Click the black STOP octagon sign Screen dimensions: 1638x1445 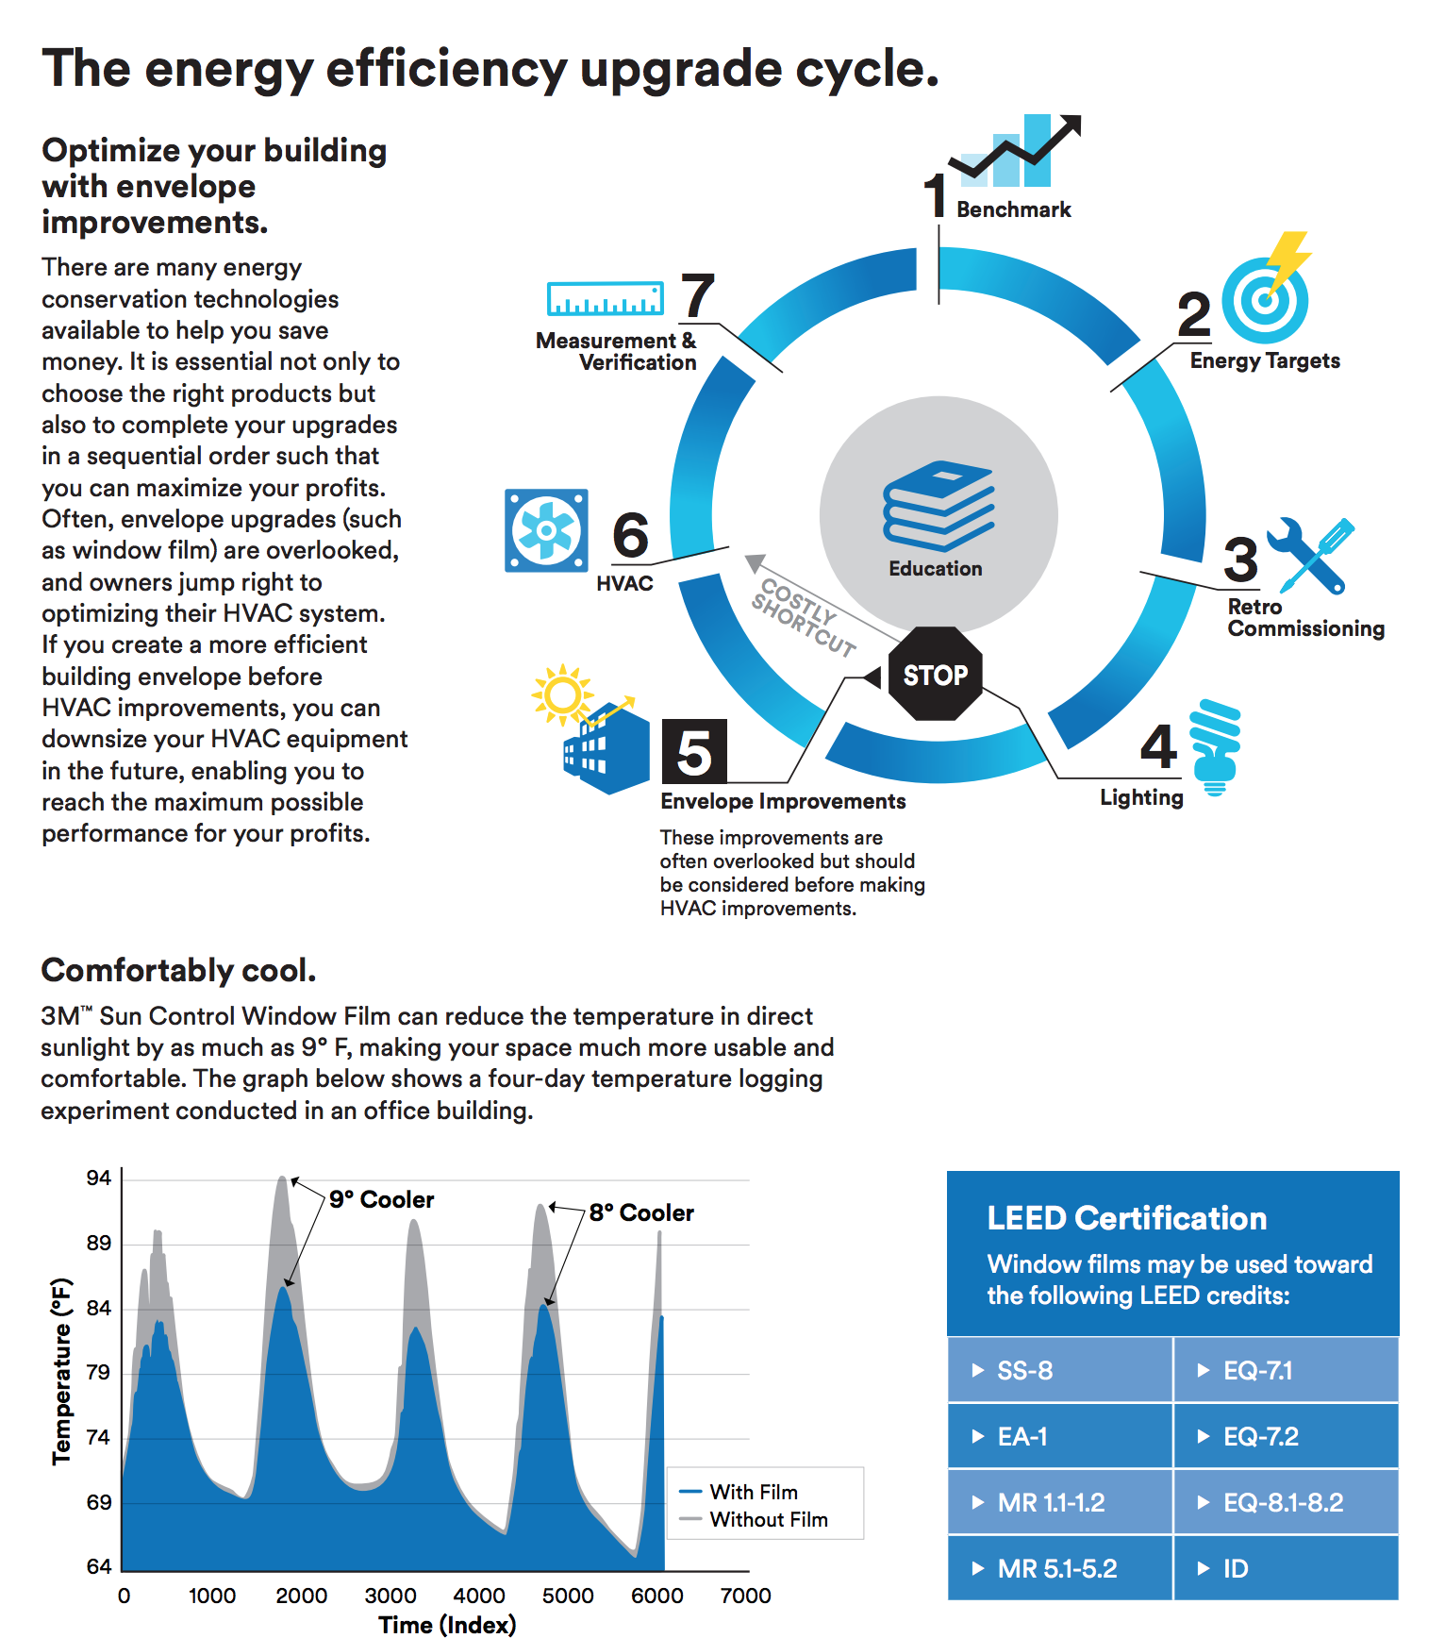pyautogui.click(x=935, y=674)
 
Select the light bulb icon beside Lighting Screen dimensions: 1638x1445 pyautogui.click(x=1216, y=746)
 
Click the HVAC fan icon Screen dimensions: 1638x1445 pyautogui.click(x=546, y=530)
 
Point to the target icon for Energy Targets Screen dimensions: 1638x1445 pyautogui.click(x=1265, y=299)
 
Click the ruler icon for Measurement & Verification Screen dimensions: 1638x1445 pyautogui.click(x=605, y=298)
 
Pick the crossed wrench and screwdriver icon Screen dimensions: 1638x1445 pyautogui.click(x=1311, y=555)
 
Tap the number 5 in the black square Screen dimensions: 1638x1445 pyautogui.click(x=694, y=751)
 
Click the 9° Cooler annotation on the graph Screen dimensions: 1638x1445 pyautogui.click(x=381, y=1199)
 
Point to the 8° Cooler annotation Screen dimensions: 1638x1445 pyautogui.click(x=641, y=1212)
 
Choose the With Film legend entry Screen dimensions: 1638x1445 pyautogui.click(x=753, y=1492)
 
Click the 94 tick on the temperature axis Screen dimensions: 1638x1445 pyautogui.click(x=99, y=1178)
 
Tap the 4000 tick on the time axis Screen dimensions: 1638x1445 pyautogui.click(x=479, y=1596)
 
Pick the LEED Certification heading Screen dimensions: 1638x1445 pyautogui.click(x=1126, y=1218)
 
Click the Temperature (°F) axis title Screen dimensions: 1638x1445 pyautogui.click(x=61, y=1371)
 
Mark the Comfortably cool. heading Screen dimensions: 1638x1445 pyautogui.click(x=178, y=970)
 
